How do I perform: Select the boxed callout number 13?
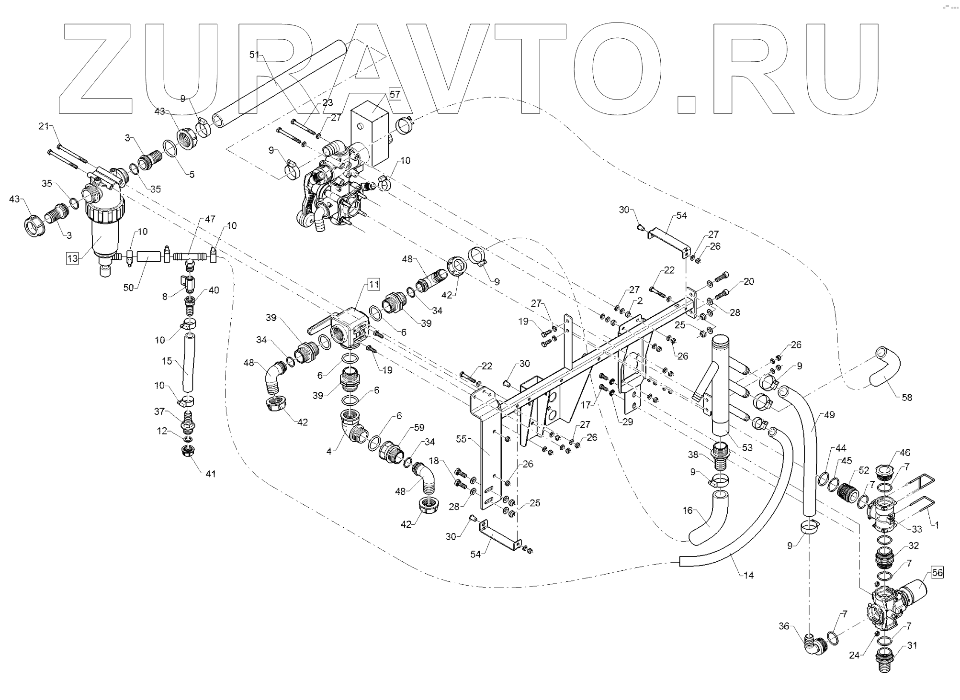[x=72, y=259]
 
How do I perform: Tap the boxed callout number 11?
[x=373, y=285]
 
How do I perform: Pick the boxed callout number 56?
[x=937, y=572]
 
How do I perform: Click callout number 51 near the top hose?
[x=254, y=55]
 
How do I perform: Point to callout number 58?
[x=906, y=397]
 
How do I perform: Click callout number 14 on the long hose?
[x=748, y=575]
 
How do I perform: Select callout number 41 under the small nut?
[x=210, y=474]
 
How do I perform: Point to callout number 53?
[x=747, y=447]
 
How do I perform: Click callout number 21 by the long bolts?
[x=44, y=126]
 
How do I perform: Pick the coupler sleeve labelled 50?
[x=149, y=257]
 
